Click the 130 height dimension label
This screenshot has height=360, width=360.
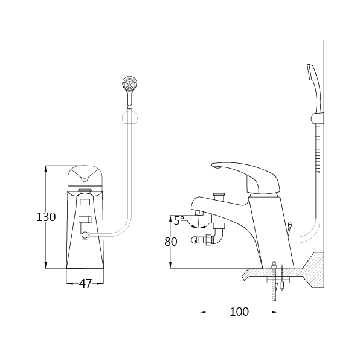click(46, 217)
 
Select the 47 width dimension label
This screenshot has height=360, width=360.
click(85, 283)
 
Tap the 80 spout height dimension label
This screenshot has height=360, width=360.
click(171, 242)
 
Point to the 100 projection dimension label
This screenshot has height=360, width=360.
click(239, 312)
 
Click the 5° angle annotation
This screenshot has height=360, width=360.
click(179, 220)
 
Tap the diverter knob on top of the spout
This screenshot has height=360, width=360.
click(218, 197)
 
